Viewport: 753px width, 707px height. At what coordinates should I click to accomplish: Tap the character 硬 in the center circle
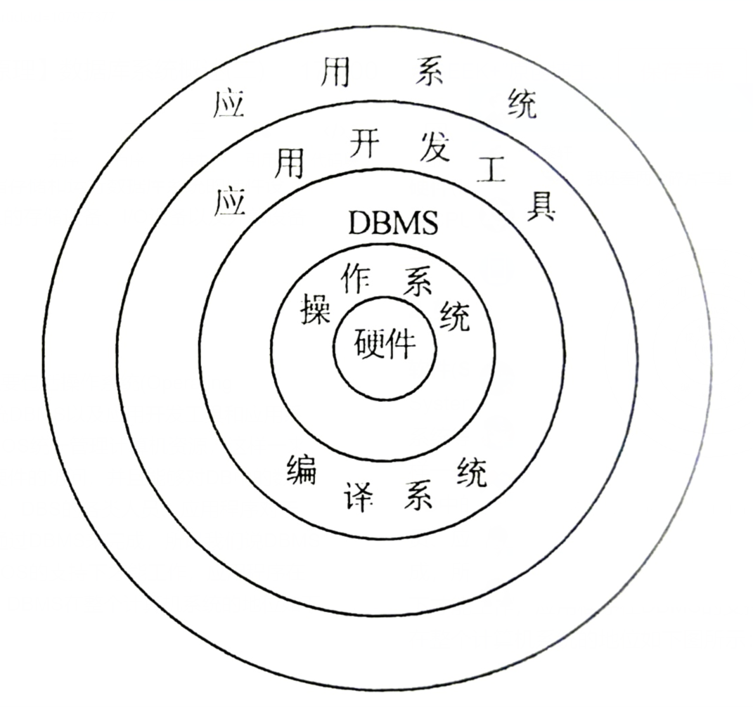point(368,344)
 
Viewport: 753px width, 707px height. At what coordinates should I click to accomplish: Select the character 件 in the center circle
point(399,344)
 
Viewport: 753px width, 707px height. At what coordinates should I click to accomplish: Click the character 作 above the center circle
point(355,278)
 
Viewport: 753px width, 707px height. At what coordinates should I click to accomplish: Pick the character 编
point(302,468)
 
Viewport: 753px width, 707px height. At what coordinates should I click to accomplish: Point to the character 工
point(490,169)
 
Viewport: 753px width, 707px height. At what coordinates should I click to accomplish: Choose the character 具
point(541,205)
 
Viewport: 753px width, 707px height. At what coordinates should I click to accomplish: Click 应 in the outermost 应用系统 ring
point(227,105)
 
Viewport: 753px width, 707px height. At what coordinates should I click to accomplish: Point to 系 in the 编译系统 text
point(418,496)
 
